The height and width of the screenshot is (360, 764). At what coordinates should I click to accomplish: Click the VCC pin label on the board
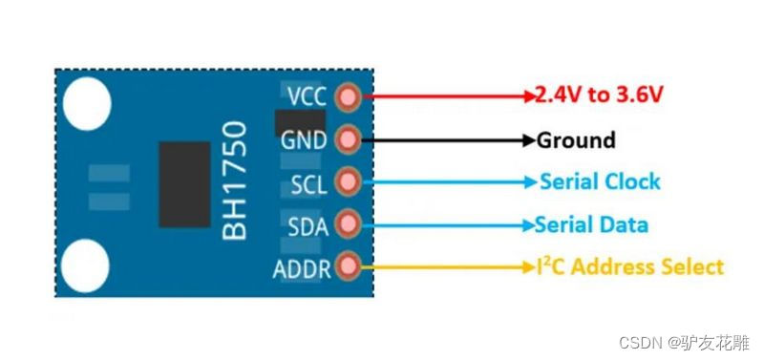307,96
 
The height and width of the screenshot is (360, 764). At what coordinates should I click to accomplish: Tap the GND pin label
303,140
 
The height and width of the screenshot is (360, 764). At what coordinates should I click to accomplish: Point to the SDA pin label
308,225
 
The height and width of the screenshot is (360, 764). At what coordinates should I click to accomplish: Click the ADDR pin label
302,268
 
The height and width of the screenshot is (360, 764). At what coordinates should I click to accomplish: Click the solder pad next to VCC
350,96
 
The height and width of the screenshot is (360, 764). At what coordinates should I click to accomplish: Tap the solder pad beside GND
350,139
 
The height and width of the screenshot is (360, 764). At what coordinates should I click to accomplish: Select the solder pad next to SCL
350,181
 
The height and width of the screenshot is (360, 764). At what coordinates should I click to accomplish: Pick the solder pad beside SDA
350,224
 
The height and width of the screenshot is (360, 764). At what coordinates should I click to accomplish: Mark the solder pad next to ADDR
350,267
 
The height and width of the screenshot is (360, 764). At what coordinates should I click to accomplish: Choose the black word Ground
576,140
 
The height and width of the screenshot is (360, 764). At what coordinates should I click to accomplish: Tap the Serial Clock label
600,181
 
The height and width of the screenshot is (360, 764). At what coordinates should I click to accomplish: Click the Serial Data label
591,225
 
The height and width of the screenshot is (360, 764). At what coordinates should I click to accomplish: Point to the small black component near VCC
298,121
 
